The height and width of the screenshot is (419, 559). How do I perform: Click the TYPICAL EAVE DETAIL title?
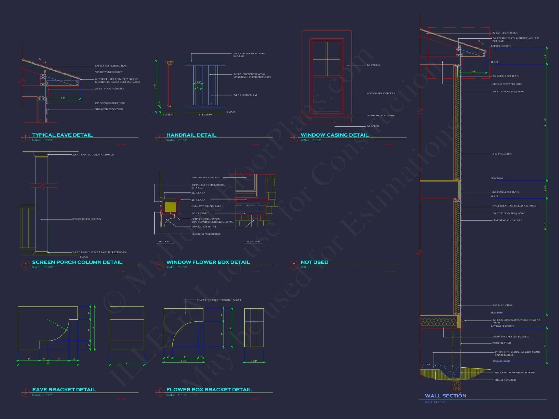click(x=62, y=135)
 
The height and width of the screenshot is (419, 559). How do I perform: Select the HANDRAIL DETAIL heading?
click(x=191, y=135)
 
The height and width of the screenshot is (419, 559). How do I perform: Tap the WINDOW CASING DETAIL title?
click(x=334, y=135)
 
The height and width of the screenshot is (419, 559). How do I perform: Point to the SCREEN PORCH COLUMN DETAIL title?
click(x=77, y=262)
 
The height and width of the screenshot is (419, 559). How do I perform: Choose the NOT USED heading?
click(x=314, y=262)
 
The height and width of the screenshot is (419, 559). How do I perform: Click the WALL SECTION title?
click(x=445, y=396)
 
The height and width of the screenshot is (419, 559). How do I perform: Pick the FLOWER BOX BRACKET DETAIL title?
click(x=209, y=390)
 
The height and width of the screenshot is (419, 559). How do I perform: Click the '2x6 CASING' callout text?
click(x=373, y=65)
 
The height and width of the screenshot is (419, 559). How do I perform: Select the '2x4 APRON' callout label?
click(x=373, y=126)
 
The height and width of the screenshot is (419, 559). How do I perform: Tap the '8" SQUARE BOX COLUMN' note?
click(x=86, y=219)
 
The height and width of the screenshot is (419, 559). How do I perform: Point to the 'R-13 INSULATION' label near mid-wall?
click(x=502, y=154)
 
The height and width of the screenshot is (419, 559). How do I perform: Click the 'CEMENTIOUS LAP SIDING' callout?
click(x=507, y=220)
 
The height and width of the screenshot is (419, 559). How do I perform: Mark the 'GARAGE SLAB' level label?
click(x=501, y=361)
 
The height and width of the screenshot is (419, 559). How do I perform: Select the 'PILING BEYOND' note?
click(x=501, y=343)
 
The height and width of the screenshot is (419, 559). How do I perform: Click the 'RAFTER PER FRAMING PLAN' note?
click(x=111, y=66)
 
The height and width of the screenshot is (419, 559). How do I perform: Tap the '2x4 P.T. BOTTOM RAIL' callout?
click(x=246, y=95)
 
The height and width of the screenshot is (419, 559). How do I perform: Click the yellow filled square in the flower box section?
click(x=170, y=207)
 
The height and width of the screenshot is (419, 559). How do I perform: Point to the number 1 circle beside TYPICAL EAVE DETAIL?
click(x=25, y=136)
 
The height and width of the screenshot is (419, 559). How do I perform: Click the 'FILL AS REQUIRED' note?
click(x=505, y=380)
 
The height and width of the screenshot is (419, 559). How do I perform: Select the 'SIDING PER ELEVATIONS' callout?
click(x=109, y=109)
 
